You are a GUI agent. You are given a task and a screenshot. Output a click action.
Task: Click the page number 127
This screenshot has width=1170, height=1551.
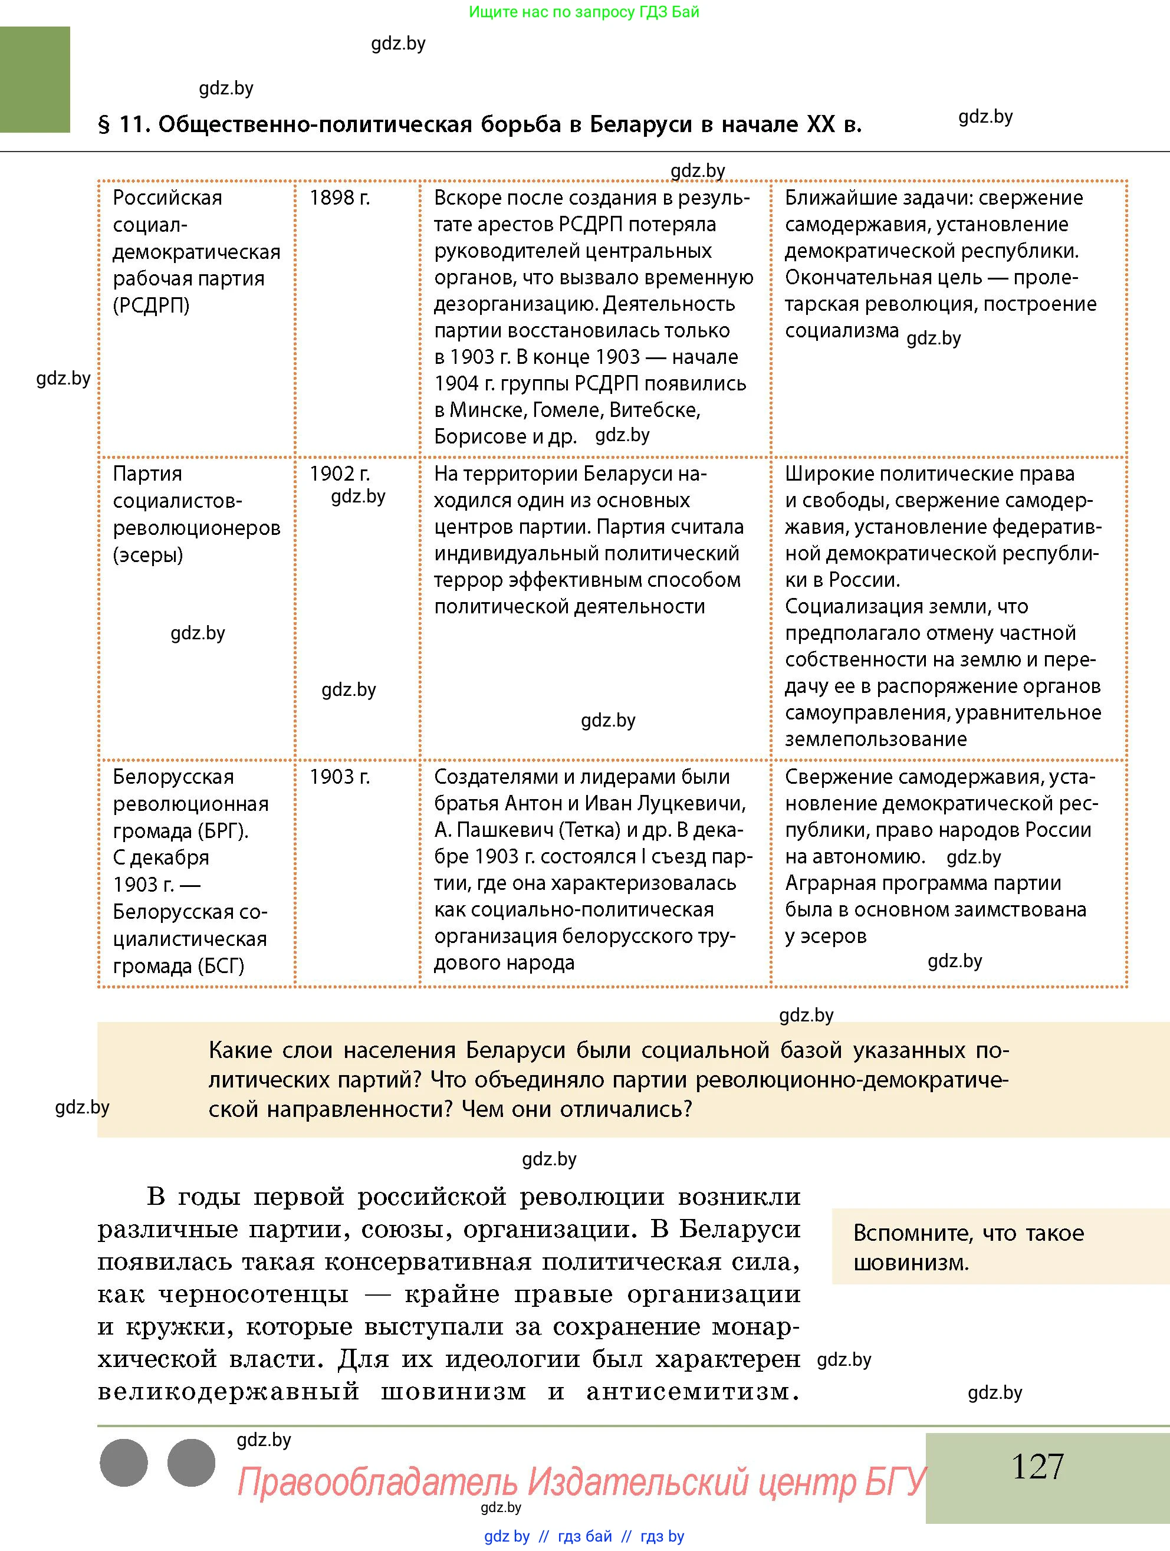(x=1037, y=1465)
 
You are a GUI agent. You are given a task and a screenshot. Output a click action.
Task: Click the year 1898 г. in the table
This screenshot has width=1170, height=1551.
(x=339, y=198)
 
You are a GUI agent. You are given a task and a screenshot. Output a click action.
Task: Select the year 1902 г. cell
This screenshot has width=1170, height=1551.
(x=339, y=474)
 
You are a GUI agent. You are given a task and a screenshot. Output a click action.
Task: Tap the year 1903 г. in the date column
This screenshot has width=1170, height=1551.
(x=339, y=777)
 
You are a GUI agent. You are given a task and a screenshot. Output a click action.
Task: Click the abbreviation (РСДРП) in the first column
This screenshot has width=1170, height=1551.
(x=151, y=305)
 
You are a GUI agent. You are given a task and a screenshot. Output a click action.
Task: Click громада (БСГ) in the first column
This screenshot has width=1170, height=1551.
(x=179, y=965)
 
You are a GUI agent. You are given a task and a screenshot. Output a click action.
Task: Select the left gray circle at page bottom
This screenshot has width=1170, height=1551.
(x=124, y=1463)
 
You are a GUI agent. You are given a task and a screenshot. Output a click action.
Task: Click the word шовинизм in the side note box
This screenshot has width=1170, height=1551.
(x=911, y=1263)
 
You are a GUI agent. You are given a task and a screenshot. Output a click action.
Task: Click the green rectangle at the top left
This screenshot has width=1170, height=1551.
(x=35, y=79)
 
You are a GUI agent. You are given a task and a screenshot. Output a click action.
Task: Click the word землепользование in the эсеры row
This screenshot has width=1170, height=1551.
(x=876, y=739)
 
